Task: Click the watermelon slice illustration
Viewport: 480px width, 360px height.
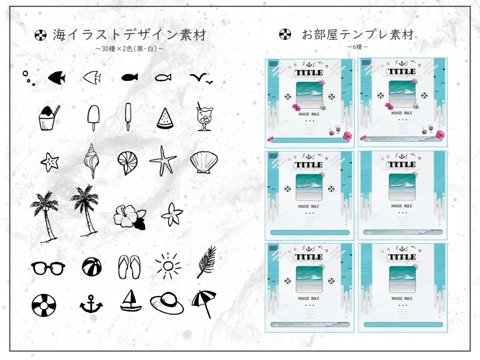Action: pos(165,119)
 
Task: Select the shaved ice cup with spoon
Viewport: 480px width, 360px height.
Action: pos(48,118)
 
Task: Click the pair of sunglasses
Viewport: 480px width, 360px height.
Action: pos(48,268)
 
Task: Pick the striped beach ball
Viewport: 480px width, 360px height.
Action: pos(91,267)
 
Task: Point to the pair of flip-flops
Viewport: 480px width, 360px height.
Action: pos(129,267)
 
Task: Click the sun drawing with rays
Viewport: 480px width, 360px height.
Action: pos(168,266)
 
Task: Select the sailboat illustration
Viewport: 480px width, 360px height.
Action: pos(131,301)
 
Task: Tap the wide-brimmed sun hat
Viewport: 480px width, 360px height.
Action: pos(167,303)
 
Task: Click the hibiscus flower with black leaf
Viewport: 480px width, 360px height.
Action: pos(130,217)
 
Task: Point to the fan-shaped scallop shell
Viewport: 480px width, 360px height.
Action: pos(203,162)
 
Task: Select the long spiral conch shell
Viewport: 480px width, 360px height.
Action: pos(91,160)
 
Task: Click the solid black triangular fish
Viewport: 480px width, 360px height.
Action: pos(57,77)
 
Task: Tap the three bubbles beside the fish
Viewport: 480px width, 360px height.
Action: pos(29,78)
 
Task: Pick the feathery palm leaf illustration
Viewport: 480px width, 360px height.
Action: pos(206,262)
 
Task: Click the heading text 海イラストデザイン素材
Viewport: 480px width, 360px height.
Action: pos(129,35)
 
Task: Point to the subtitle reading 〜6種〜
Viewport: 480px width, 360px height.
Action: pos(357,47)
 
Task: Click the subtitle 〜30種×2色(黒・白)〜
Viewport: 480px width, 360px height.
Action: pos(129,48)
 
